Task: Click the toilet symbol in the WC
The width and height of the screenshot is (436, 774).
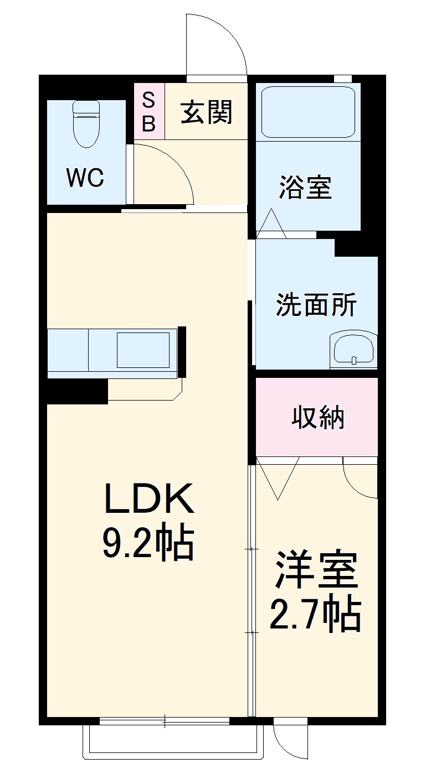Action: pyautogui.click(x=86, y=124)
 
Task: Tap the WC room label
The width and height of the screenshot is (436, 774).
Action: pyautogui.click(x=85, y=178)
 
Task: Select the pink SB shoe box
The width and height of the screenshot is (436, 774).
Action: pyautogui.click(x=149, y=111)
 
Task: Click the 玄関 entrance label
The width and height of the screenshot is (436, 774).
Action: pyautogui.click(x=206, y=112)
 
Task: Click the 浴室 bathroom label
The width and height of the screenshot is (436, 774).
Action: pyautogui.click(x=305, y=188)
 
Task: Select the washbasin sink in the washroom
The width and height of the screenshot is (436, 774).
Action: pyautogui.click(x=353, y=350)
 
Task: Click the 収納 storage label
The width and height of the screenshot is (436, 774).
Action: pyautogui.click(x=318, y=418)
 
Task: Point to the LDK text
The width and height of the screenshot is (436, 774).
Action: pyautogui.click(x=149, y=499)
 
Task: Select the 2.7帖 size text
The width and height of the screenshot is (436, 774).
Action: pyautogui.click(x=315, y=615)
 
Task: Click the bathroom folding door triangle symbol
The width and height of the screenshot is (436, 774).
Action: pyautogui.click(x=271, y=225)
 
